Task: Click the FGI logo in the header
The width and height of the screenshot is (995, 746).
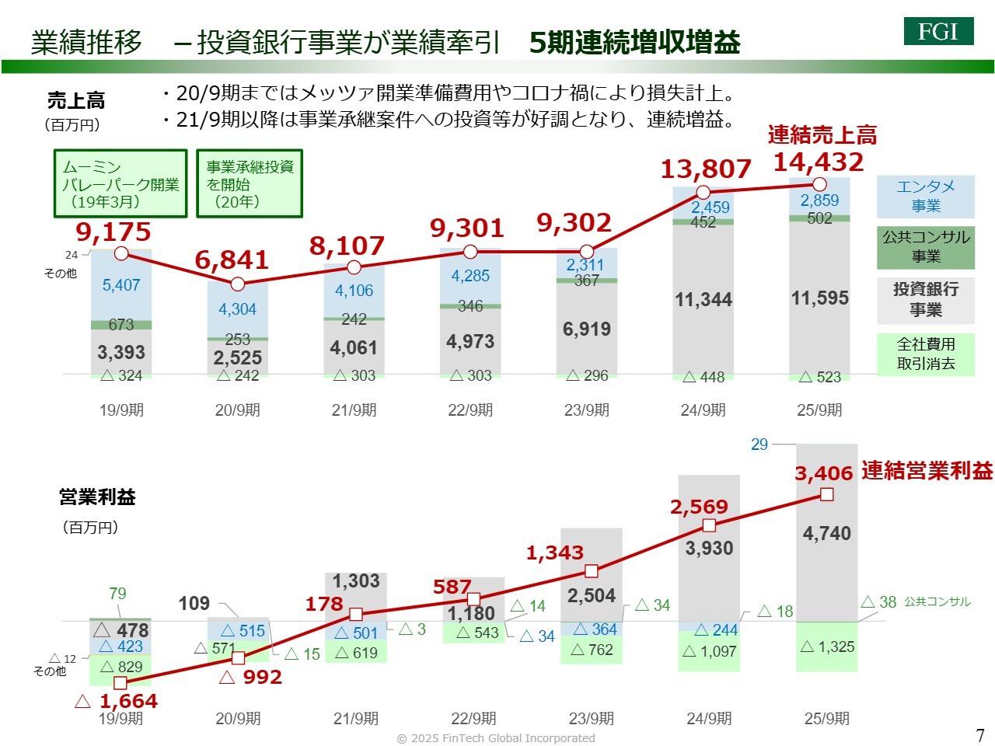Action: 938,31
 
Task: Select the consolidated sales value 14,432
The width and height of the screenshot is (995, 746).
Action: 819,162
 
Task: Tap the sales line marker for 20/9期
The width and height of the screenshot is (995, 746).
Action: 238,284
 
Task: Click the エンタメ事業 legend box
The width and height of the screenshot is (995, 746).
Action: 925,197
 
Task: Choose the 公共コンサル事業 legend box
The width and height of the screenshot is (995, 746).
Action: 925,246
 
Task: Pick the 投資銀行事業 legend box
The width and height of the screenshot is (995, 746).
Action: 925,300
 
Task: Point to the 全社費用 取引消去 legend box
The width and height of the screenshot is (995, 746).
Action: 925,354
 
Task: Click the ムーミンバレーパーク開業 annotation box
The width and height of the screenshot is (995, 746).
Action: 120,183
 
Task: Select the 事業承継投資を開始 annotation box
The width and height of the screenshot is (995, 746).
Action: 250,183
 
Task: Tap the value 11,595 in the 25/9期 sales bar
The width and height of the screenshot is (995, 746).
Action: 819,298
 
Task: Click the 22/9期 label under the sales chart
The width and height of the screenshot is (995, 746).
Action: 470,410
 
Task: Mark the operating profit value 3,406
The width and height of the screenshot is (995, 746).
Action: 823,473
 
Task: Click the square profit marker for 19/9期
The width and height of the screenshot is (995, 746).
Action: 120,683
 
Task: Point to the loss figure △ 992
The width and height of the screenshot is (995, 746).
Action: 250,678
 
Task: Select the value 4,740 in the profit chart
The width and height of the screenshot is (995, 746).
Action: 826,534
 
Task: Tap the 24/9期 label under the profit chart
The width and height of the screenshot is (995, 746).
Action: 709,719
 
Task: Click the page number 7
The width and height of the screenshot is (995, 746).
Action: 979,735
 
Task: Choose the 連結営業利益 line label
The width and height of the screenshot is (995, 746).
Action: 927,470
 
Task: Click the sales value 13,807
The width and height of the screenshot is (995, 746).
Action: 706,169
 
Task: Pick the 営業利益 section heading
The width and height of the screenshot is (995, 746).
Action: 97,497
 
